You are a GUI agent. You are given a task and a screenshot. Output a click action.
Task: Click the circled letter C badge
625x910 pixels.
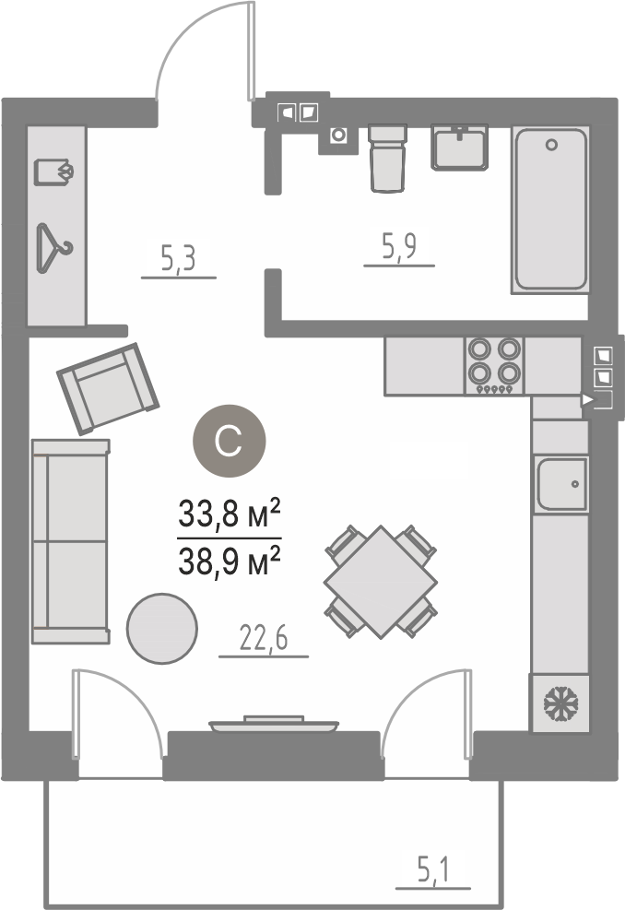click(x=230, y=441)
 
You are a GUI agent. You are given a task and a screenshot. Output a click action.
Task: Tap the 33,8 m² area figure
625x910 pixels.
click(x=230, y=513)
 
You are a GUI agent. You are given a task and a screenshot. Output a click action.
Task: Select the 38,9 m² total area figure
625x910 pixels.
click(x=230, y=561)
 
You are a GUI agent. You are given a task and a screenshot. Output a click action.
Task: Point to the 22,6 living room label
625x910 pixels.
click(x=264, y=639)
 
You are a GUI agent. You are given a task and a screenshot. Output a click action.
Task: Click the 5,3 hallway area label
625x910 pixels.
click(x=178, y=259)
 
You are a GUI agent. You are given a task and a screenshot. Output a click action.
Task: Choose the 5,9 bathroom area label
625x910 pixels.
click(x=399, y=246)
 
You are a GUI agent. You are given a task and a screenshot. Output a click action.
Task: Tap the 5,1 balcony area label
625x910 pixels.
click(x=433, y=870)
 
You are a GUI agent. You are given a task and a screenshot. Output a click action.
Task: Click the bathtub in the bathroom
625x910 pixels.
click(x=550, y=209)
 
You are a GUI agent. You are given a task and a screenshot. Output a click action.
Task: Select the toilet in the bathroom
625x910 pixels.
click(x=388, y=158)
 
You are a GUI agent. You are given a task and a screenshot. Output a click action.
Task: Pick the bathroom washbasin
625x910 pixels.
click(x=459, y=148)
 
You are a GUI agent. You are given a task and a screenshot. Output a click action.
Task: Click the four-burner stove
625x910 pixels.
click(x=494, y=366)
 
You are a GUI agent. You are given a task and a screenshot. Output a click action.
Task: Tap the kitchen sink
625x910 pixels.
click(x=560, y=484)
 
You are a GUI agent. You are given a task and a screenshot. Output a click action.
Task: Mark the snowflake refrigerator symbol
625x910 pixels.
click(x=560, y=703)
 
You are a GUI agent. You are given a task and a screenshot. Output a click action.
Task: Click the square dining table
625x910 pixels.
click(x=381, y=582)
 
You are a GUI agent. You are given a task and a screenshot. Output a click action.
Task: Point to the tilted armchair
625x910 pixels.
click(x=107, y=388)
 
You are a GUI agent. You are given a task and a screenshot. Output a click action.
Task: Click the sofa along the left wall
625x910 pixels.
click(x=71, y=541)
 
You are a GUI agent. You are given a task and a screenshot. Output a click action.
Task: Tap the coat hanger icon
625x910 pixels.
click(x=54, y=248)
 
